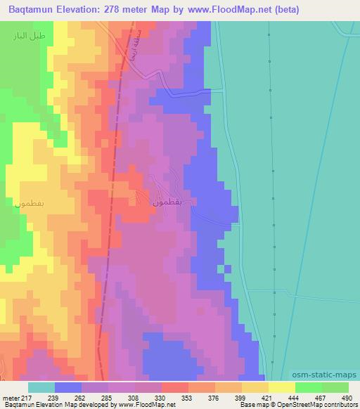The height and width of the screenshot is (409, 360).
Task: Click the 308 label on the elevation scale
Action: pos(120,398)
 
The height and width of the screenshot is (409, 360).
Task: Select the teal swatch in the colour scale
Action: pos(41,387)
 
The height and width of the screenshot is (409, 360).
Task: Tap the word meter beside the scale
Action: pos(10,398)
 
